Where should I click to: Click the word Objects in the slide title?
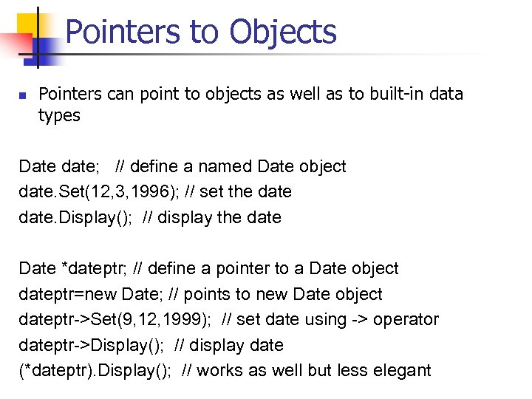point(283,33)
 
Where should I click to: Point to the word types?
point(59,116)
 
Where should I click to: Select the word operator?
point(406,320)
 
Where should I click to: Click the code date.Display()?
point(72,218)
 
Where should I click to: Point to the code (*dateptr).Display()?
point(95,371)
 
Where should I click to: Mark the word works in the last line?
point(219,371)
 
